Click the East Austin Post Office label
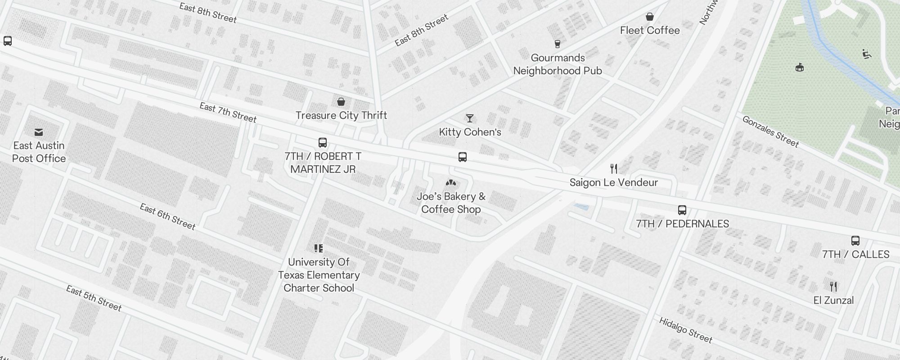point(39,152)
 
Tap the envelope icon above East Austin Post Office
point(39,132)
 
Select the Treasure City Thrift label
point(341,115)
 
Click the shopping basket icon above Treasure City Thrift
point(341,102)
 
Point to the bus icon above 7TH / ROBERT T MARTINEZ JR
point(323,143)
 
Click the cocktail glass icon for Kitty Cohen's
point(470,118)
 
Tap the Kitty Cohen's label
point(470,132)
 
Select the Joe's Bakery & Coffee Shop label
point(451,203)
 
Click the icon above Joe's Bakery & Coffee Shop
point(451,183)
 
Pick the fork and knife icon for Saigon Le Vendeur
point(614,169)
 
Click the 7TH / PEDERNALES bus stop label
point(682,224)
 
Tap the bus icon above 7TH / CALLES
point(855,241)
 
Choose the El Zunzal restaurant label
point(833,300)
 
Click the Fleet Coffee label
point(650,30)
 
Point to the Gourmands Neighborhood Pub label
point(558,64)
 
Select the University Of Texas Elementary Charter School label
point(319,275)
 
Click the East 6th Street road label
point(167,216)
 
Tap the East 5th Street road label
point(94,298)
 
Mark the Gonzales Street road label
point(770,131)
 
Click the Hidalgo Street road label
point(686,330)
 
